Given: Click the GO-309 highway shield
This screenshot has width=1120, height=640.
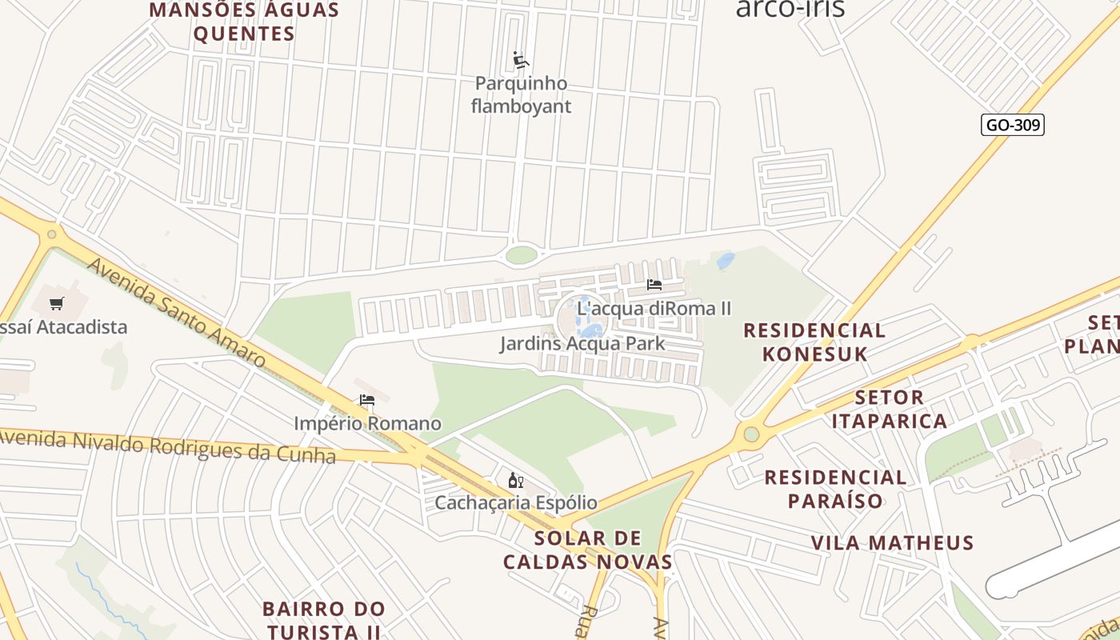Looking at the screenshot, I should pyautogui.click(x=1012, y=125).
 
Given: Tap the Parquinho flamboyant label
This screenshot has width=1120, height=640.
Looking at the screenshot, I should pyautogui.click(x=521, y=94).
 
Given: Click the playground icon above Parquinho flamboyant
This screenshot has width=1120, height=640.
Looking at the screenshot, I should pyautogui.click(x=521, y=60).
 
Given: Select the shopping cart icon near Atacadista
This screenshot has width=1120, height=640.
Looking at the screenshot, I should pyautogui.click(x=56, y=304).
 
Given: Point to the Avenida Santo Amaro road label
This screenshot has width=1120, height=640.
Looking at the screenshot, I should pyautogui.click(x=176, y=312).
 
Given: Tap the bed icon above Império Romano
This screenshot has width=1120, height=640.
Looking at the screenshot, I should pyautogui.click(x=367, y=400).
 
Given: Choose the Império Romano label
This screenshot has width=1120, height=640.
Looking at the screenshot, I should pyautogui.click(x=367, y=423).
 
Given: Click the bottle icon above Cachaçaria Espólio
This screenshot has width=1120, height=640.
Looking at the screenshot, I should pyautogui.click(x=516, y=481).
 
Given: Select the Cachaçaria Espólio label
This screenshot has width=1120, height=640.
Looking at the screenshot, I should pyautogui.click(x=516, y=502).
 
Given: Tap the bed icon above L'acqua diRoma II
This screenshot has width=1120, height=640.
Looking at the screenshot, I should pyautogui.click(x=654, y=285).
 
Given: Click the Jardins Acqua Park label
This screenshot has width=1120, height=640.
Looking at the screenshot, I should pyautogui.click(x=582, y=344).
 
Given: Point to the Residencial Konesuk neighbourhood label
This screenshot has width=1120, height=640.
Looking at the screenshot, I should pyautogui.click(x=814, y=342).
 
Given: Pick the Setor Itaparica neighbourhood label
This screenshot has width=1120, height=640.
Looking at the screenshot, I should pyautogui.click(x=890, y=409).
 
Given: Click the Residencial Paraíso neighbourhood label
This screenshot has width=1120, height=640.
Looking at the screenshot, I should pyautogui.click(x=835, y=489).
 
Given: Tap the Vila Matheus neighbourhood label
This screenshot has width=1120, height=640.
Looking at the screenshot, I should pyautogui.click(x=892, y=542).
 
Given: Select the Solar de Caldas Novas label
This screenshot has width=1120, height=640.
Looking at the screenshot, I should pyautogui.click(x=588, y=550).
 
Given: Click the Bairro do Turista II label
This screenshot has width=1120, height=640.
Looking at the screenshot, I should pyautogui.click(x=324, y=620).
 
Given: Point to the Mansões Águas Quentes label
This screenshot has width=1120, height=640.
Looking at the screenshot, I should pyautogui.click(x=244, y=22).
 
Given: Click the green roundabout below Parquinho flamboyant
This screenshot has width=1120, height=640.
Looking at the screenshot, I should pyautogui.click(x=522, y=255).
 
